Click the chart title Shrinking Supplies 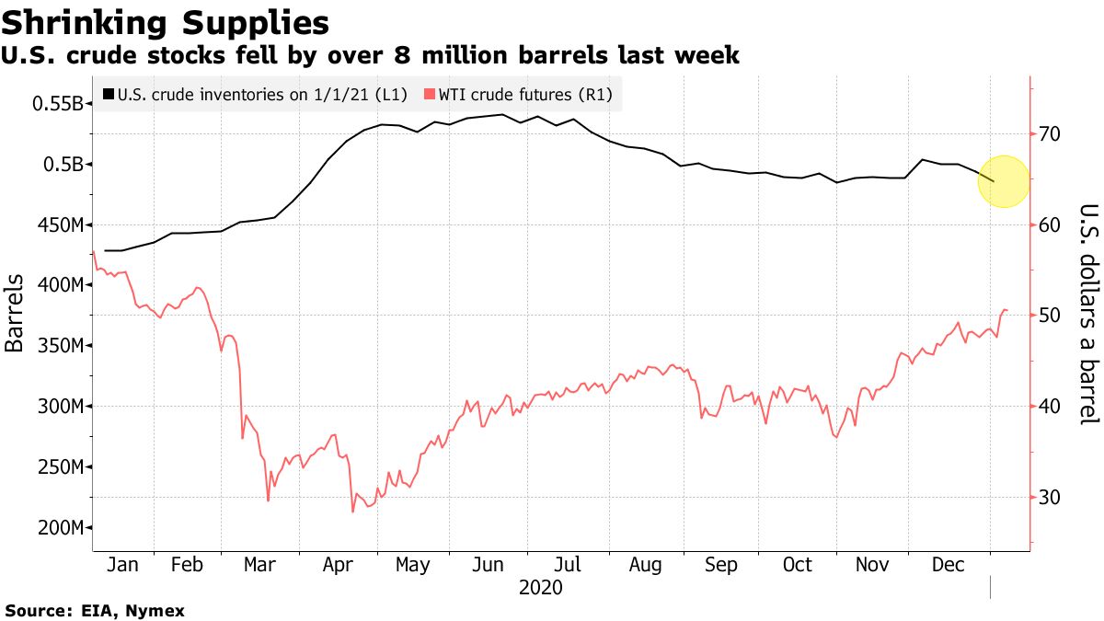click(x=166, y=21)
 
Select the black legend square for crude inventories click(x=109, y=94)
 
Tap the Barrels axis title click(x=15, y=313)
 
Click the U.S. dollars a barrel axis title click(x=1088, y=313)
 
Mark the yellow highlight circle click(x=1003, y=180)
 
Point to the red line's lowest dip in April click(x=352, y=512)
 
